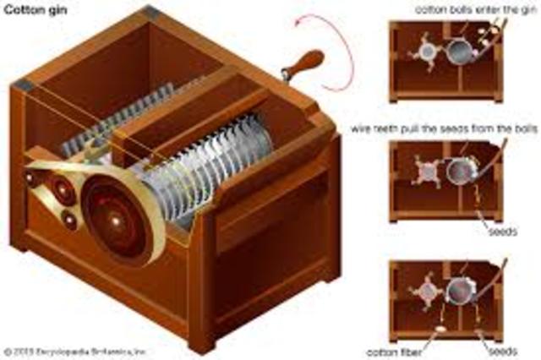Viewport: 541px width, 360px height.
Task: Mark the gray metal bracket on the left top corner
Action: click(22, 85)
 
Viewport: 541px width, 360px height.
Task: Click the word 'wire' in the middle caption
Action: click(364, 129)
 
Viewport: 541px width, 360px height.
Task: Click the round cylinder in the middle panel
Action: click(461, 172)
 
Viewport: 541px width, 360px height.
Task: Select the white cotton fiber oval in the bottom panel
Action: click(442, 330)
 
